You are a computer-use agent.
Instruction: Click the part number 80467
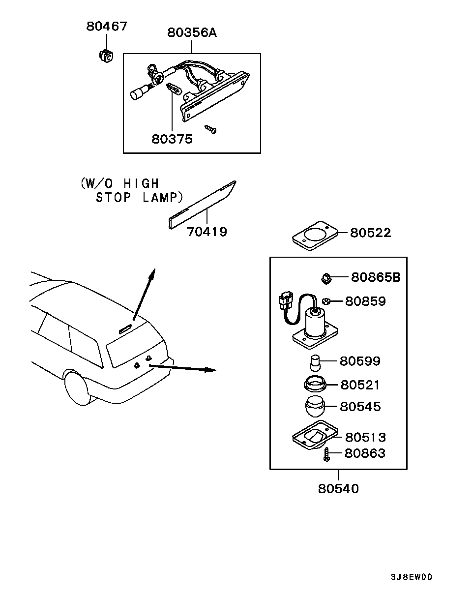[x=107, y=26]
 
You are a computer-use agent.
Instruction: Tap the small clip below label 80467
[x=106, y=56]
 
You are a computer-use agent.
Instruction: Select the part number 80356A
[x=192, y=33]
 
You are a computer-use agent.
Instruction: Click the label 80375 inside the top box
[x=172, y=139]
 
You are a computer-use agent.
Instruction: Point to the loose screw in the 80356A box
[x=210, y=129]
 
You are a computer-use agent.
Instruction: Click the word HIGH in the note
[x=141, y=183]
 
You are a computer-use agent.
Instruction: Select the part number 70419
[x=207, y=232]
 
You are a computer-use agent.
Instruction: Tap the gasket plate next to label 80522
[x=315, y=236]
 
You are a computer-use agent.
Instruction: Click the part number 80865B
[x=376, y=277]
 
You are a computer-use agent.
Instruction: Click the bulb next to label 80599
[x=315, y=363]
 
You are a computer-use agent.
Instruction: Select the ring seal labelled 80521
[x=315, y=385]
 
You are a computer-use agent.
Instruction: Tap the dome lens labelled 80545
[x=315, y=406]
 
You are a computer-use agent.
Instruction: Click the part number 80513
[x=365, y=437]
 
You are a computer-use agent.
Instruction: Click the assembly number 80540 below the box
[x=338, y=489]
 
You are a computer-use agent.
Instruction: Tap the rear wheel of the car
[x=77, y=387]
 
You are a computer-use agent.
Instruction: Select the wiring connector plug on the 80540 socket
[x=286, y=300]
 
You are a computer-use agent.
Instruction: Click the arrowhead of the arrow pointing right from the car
[x=210, y=370]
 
